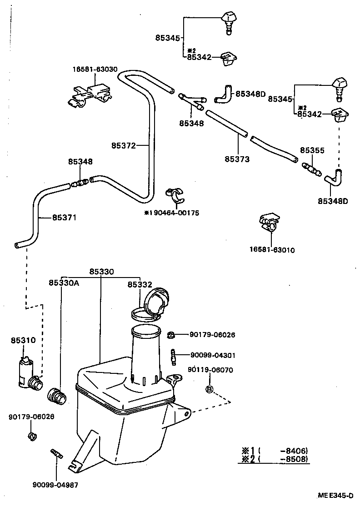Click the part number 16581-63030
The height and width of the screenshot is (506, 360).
(x=95, y=69)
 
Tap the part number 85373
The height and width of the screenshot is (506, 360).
(x=237, y=159)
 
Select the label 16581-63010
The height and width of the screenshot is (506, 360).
(x=271, y=250)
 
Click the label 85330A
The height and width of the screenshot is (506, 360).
(x=64, y=283)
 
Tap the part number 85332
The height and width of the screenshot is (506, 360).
(x=140, y=284)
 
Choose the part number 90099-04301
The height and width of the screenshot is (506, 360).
(x=213, y=355)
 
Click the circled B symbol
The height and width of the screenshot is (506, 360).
(x=210, y=389)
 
